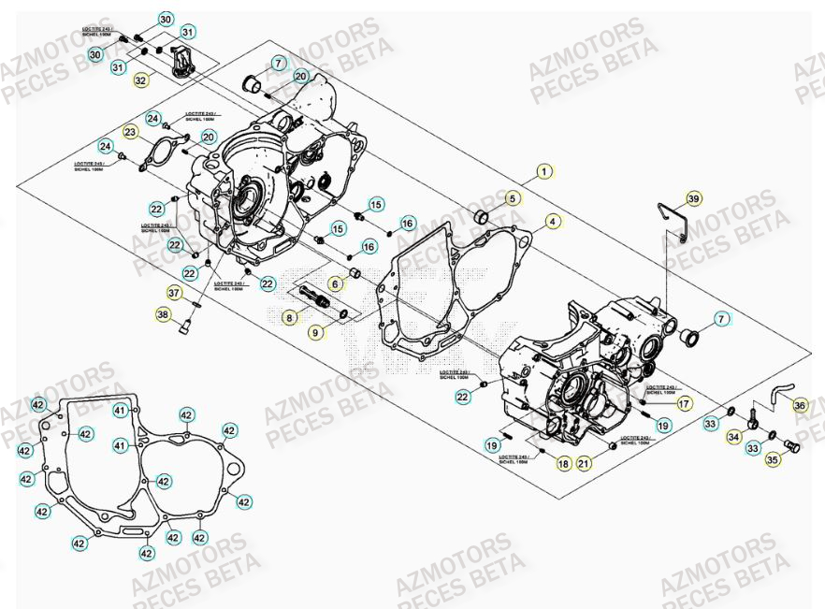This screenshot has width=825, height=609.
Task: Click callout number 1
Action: pos(544,172)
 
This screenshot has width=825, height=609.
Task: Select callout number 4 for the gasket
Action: pos(553,222)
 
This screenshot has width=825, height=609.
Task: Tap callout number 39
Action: pos(692,198)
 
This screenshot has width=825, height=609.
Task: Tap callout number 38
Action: pos(165,315)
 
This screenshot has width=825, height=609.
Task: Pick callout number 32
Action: pos(140,80)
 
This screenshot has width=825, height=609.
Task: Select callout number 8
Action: pos(290,318)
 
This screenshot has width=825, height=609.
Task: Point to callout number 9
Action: pos(315,331)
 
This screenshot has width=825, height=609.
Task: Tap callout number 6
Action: pos(334,283)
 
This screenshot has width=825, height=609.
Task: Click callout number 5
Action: pos(512,198)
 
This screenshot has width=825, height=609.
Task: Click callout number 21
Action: pos(562,463)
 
